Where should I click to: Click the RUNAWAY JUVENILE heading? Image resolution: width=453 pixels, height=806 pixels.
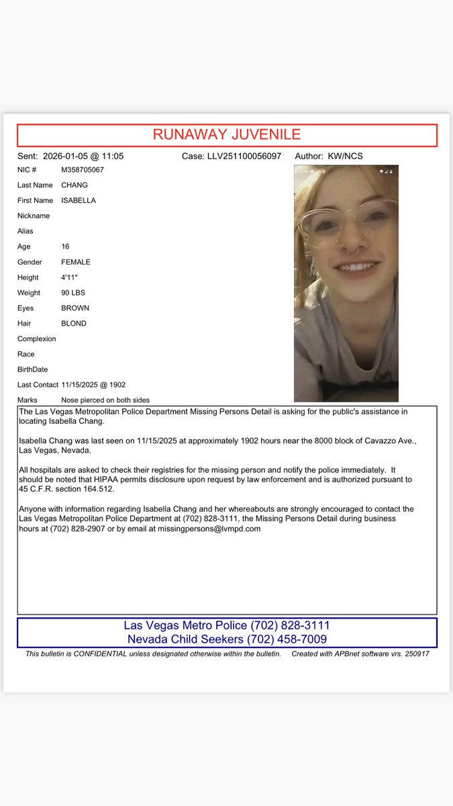227,134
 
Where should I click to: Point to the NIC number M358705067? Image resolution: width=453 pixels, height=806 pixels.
83,170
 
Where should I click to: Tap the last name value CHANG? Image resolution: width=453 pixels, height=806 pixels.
74,185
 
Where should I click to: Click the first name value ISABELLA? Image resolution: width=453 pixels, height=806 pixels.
79,201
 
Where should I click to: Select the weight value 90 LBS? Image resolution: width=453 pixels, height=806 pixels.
72,293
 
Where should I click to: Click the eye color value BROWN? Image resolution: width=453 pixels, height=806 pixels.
75,308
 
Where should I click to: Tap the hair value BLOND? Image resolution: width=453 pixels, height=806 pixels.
74,324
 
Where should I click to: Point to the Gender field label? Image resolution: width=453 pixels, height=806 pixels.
30,262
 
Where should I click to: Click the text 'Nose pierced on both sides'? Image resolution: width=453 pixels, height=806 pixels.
105,400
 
